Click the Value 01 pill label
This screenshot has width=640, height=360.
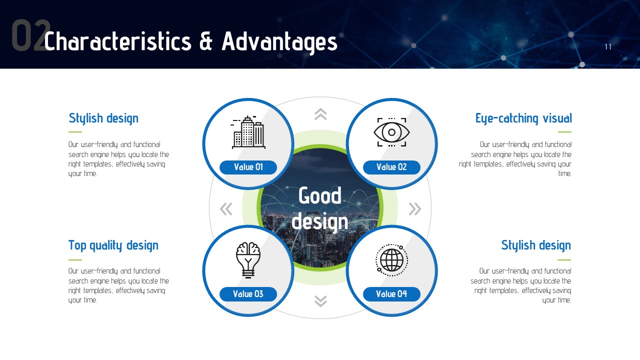point(248,167)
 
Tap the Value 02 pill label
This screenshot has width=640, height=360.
point(391,167)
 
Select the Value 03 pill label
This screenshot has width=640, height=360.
point(248,294)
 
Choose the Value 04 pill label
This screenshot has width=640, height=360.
point(391,294)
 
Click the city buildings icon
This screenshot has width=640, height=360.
point(248,132)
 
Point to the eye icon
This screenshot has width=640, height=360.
point(391,132)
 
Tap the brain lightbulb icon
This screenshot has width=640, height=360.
point(248,260)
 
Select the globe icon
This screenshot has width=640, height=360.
point(391,260)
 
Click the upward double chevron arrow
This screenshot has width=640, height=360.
point(320,114)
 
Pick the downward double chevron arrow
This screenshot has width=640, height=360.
point(320,301)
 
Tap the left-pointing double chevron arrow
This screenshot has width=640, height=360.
point(226,209)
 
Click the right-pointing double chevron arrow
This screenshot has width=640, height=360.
point(415,209)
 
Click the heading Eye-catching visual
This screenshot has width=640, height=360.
point(523,118)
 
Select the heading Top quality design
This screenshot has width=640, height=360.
point(113,245)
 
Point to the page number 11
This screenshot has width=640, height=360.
point(608,47)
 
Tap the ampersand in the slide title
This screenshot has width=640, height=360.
point(206,41)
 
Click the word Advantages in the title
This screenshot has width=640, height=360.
point(279,42)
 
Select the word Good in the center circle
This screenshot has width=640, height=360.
point(320,195)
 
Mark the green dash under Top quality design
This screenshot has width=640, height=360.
point(75,260)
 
